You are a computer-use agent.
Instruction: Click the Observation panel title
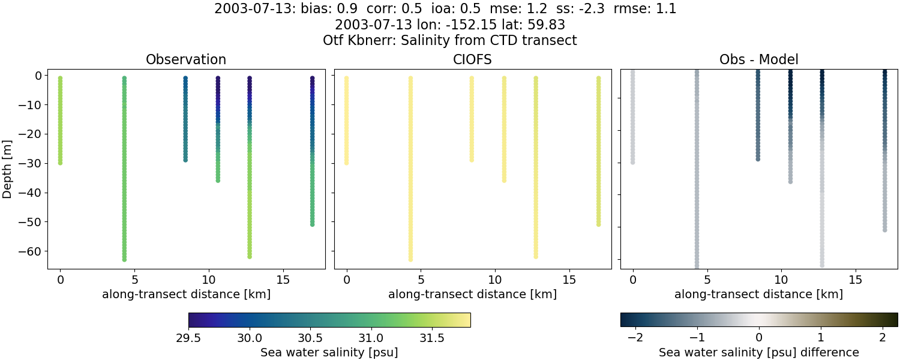(186, 60)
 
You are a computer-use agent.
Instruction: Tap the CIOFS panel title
(472, 60)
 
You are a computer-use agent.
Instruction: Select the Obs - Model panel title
(758, 60)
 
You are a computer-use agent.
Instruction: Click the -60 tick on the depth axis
(28, 251)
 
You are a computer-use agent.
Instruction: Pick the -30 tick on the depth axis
(28, 163)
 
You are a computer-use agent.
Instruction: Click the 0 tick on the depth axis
(37, 76)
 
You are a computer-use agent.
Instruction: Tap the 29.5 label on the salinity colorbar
(188, 338)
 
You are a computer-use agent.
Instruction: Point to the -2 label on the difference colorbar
(633, 338)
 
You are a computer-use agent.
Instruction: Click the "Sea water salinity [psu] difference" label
(758, 352)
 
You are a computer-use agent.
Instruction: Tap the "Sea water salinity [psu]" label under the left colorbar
(329, 352)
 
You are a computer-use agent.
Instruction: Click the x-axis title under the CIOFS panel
(472, 295)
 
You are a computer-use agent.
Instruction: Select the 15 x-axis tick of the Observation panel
(283, 280)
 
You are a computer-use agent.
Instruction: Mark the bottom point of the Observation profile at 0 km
(60, 163)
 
